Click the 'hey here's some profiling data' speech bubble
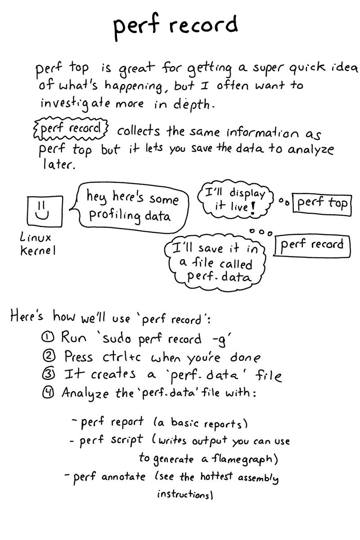pyautogui.click(x=130, y=207)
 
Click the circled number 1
pyautogui.click(x=49, y=337)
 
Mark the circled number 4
pyautogui.click(x=49, y=392)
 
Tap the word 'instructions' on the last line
pyautogui.click(x=184, y=495)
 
